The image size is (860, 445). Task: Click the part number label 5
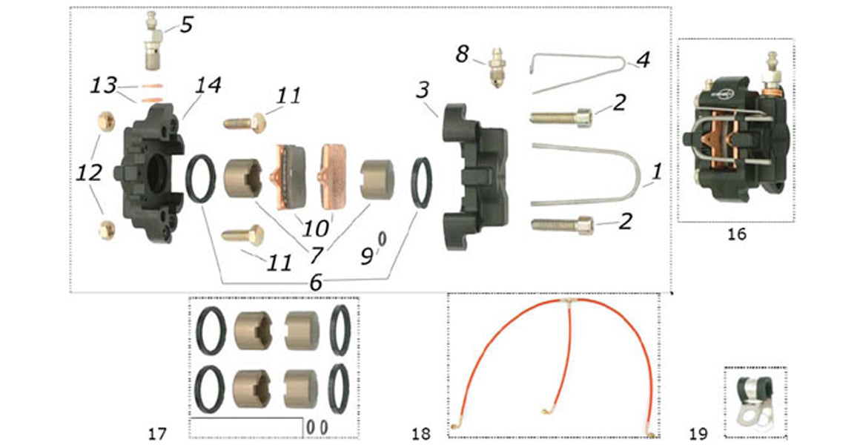[x=185, y=24]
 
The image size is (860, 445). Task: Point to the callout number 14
[x=208, y=86]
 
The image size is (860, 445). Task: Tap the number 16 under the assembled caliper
[x=736, y=234]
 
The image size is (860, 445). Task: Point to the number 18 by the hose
[x=420, y=432]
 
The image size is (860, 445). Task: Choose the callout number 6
[x=316, y=282]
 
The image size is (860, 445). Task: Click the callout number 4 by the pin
[x=643, y=60]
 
